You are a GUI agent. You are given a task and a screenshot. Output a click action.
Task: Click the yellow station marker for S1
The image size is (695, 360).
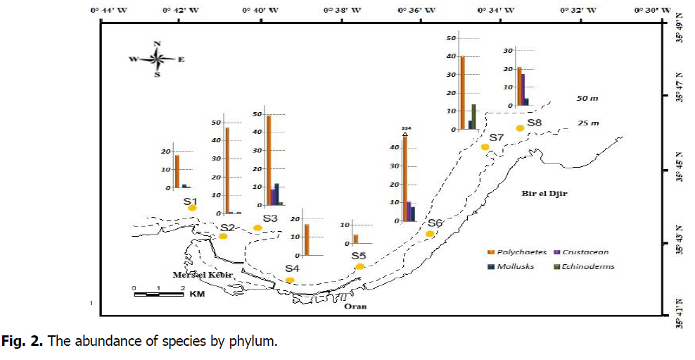click(192, 208)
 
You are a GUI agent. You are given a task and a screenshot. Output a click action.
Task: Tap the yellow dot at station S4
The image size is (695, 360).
click(289, 280)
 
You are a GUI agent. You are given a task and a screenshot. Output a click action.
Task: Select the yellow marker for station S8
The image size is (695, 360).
click(520, 128)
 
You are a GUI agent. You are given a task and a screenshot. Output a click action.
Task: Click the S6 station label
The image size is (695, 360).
click(435, 223)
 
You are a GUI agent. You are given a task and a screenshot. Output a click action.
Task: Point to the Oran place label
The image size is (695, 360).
click(355, 306)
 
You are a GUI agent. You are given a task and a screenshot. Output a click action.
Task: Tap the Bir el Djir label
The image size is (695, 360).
click(544, 193)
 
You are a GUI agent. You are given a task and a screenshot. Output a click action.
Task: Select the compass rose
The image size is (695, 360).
click(156, 59)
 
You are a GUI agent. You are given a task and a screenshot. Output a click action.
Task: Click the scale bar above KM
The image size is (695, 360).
click(158, 292)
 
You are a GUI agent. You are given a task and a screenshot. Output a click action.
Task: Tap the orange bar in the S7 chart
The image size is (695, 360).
click(462, 92)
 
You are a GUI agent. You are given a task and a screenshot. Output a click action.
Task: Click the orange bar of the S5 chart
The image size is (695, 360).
click(356, 239)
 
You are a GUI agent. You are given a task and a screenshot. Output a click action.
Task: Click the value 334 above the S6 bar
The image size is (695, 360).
click(405, 128)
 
